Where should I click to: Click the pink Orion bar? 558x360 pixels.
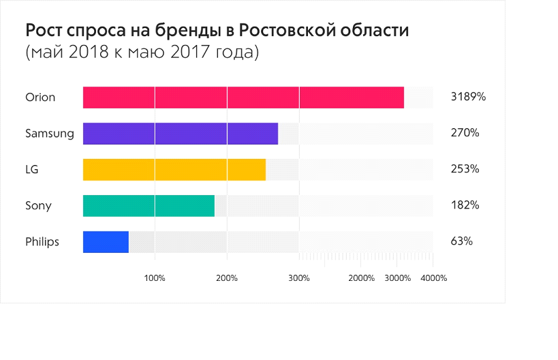tap(243, 97)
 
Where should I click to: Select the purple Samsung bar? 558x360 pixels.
tap(181, 134)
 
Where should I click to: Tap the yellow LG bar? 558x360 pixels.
tap(174, 170)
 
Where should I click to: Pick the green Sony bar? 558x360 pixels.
tap(149, 206)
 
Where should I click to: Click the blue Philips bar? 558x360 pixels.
tap(106, 242)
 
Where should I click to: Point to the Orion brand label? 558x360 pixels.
tap(40, 97)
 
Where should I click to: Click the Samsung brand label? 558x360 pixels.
tap(49, 134)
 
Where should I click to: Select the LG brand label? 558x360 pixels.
tap(32, 170)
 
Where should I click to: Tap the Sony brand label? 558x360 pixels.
tap(38, 206)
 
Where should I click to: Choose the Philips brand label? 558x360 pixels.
tap(42, 242)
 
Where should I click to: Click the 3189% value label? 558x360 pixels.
tap(468, 97)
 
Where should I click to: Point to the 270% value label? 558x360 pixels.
tap(465, 134)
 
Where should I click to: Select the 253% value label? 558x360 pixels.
tap(465, 170)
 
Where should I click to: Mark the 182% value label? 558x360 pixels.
tap(465, 206)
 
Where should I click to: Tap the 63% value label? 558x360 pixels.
tap(462, 242)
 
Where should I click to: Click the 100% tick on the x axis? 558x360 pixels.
tap(155, 278)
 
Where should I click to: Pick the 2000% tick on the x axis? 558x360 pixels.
tap(361, 278)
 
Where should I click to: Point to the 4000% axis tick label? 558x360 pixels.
tap(433, 278)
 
